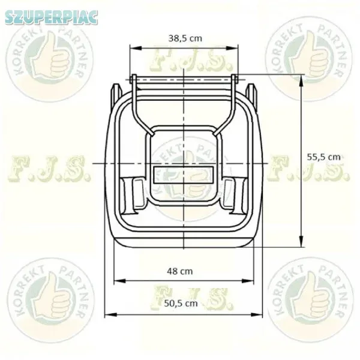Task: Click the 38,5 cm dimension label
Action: [185, 38]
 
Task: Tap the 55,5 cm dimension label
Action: [323, 157]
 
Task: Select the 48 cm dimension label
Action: [180, 271]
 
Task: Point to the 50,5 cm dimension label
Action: [181, 303]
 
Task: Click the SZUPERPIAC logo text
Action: [51, 17]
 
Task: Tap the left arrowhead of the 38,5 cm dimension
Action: [135, 48]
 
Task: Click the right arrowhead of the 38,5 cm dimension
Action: [232, 48]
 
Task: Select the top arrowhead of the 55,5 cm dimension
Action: [301, 80]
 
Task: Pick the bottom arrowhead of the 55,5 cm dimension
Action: [301, 241]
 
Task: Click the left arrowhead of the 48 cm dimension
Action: [119, 281]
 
